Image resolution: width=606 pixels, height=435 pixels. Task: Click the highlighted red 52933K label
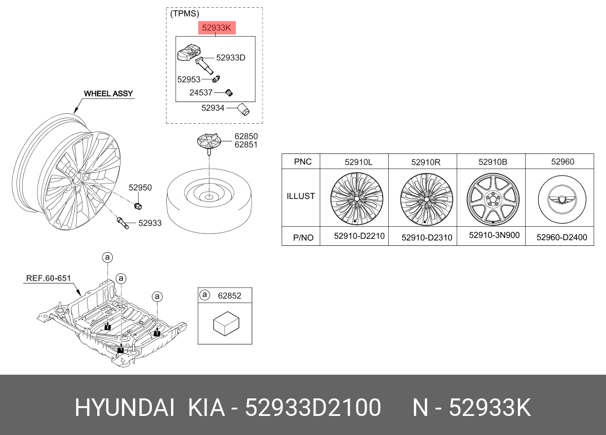(x=217, y=28)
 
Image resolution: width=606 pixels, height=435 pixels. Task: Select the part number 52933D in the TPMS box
(x=231, y=58)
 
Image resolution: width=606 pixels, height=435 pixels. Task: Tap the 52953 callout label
(x=188, y=79)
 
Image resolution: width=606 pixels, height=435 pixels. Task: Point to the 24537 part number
(x=201, y=92)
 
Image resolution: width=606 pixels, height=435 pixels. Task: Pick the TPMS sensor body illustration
(x=189, y=53)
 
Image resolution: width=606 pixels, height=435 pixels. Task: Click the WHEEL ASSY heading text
(x=108, y=94)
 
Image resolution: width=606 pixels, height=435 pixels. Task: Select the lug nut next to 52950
(x=138, y=206)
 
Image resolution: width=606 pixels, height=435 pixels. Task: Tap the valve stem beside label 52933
(x=123, y=223)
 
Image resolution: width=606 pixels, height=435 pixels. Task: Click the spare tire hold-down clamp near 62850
(x=209, y=142)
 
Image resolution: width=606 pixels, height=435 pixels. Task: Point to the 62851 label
(x=246, y=145)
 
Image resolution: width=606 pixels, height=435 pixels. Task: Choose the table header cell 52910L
(x=359, y=162)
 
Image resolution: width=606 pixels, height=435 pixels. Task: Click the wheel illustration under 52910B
(x=492, y=198)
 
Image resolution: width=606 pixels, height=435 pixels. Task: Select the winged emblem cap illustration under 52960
(x=562, y=199)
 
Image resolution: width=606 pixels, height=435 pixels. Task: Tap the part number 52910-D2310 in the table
(x=427, y=238)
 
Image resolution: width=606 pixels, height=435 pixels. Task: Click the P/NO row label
(x=303, y=238)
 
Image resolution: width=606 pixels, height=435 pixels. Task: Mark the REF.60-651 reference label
(x=48, y=278)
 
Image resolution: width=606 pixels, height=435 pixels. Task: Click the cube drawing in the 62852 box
(x=226, y=323)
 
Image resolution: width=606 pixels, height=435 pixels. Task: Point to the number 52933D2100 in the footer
(x=313, y=408)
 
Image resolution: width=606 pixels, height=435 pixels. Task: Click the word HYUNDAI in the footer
(x=125, y=408)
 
